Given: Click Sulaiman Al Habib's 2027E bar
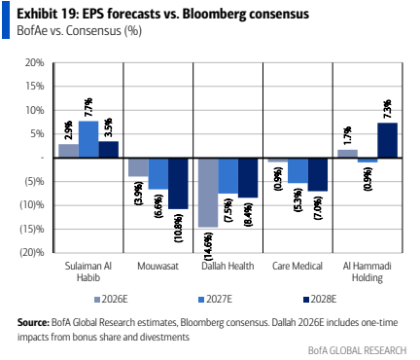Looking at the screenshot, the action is coord(88,139).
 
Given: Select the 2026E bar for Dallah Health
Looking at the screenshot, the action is coord(208,193).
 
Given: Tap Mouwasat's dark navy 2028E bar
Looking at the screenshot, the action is coord(178,184).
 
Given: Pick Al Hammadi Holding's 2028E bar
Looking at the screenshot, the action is coord(388,140).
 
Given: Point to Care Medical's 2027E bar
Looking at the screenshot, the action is coord(297,170).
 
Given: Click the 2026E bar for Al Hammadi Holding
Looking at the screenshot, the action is coord(348,154).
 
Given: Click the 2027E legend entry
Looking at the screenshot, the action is coord(215,299).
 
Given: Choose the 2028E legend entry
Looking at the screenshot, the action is coord(320,299).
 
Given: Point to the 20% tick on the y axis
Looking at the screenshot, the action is coord(35,62).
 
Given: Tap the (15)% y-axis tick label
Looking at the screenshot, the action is coord(32,229).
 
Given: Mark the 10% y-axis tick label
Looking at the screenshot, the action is coord(35,110).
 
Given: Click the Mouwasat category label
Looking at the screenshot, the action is coord(157,267).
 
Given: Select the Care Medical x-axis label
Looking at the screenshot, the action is coord(297,267).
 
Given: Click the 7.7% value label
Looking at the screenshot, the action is coord(88,107).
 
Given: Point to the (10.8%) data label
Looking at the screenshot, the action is coord(179,228).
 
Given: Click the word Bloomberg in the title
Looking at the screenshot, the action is coord(214,15).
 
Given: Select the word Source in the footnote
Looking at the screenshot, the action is coord(33,323).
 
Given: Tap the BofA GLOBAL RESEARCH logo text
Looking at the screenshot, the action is coord(357,350).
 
